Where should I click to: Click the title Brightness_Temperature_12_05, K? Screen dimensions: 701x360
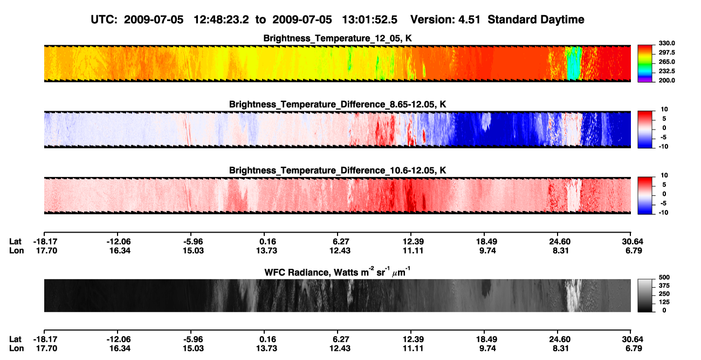[338, 38]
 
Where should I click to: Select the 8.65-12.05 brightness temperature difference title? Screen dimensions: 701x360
[338, 104]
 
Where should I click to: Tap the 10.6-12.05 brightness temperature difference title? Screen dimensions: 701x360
[338, 171]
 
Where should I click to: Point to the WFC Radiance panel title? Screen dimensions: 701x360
[338, 271]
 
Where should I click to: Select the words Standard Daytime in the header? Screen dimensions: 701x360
[536, 19]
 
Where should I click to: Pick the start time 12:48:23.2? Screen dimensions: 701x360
[221, 19]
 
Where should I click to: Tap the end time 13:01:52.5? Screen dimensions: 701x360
[369, 19]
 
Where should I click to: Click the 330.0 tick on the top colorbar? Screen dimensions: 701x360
[666, 43]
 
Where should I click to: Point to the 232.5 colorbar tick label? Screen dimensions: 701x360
[666, 71]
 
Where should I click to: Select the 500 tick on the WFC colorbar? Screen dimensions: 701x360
[664, 277]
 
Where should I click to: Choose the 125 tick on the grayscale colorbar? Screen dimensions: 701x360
[664, 302]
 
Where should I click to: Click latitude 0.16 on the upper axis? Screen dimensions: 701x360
[267, 242]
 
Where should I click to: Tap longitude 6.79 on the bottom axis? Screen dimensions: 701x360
[634, 349]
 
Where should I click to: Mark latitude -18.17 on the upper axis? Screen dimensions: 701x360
[45, 242]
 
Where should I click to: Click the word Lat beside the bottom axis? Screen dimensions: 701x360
[15, 339]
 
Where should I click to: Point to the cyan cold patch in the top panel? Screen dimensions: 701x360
[574, 63]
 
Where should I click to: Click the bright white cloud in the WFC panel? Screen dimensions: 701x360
[573, 295]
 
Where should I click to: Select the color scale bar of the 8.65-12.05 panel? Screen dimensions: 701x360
[645, 130]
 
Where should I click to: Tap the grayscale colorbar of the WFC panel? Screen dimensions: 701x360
[645, 295]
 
